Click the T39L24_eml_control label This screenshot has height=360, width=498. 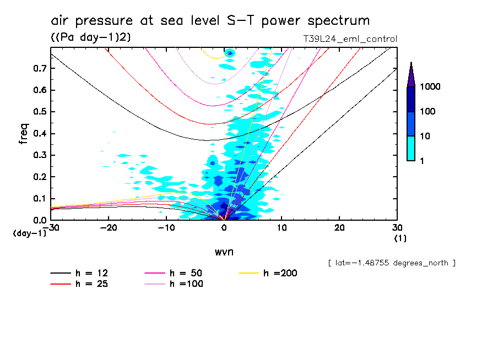350,39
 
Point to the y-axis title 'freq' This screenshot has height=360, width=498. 24,134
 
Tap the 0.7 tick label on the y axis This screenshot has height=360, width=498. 39,68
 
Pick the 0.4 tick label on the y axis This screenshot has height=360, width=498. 39,133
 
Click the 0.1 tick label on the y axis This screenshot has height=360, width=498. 39,198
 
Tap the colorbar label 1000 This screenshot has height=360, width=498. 431,88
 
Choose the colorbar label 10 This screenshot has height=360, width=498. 427,136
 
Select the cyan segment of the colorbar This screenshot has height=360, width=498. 411,148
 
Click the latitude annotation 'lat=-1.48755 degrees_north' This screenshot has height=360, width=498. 392,263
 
